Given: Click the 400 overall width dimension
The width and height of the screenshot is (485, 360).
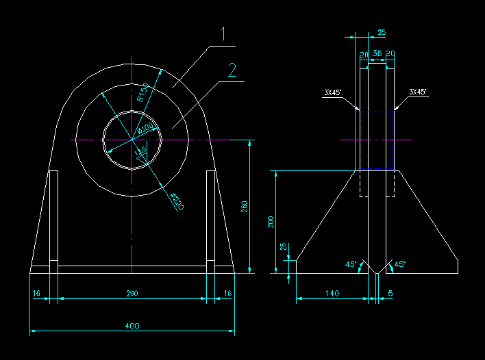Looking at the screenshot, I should [132, 326].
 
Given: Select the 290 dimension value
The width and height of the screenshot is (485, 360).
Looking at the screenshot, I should [132, 293].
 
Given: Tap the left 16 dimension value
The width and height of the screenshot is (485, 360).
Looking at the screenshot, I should [36, 293].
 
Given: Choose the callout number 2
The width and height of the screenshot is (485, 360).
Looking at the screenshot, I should [233, 69].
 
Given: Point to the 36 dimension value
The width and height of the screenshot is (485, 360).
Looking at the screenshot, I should [377, 53].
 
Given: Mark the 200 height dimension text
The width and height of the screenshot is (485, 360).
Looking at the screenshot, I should [271, 222].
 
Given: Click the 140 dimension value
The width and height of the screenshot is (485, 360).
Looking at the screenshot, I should [332, 293].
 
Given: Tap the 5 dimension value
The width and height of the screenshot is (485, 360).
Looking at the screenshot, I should [390, 293].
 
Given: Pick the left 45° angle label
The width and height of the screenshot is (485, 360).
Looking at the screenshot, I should [350, 264].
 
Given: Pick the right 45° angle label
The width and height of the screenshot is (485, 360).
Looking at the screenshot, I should [400, 264].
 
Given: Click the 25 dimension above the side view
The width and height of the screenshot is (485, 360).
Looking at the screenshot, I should [382, 32].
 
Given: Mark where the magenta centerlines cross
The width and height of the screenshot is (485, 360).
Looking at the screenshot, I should [131, 140].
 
